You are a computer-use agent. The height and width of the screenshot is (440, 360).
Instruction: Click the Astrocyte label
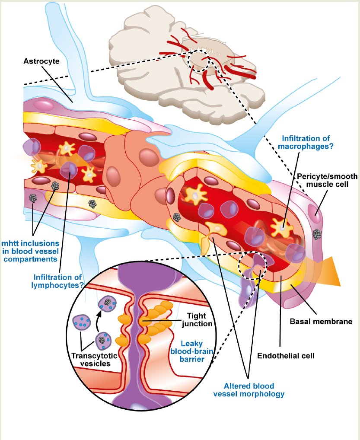pos(41,61)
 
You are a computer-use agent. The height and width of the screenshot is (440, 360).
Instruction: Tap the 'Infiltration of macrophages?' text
pos(306,142)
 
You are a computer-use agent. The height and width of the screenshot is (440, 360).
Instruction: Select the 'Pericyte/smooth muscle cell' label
pos(327,180)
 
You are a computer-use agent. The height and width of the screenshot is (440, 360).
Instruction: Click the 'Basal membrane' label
pos(321,321)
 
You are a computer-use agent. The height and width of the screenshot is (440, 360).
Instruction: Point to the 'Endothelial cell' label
pos(286,356)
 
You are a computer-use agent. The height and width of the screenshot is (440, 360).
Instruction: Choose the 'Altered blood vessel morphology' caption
pos(249,390)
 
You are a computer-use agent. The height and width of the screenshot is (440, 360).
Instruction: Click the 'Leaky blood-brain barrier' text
pos(192,351)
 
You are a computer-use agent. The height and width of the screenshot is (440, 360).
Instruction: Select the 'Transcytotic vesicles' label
pos(95,360)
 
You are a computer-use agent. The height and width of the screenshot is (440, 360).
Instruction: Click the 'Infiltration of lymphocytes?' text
pos(57,281)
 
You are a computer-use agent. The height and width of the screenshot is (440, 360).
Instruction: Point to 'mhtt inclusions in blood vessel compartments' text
pos(30,251)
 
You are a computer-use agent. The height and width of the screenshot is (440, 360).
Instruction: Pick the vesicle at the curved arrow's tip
pos(107,303)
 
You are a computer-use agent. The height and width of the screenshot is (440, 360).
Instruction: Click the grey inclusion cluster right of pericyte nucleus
pos(317,234)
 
